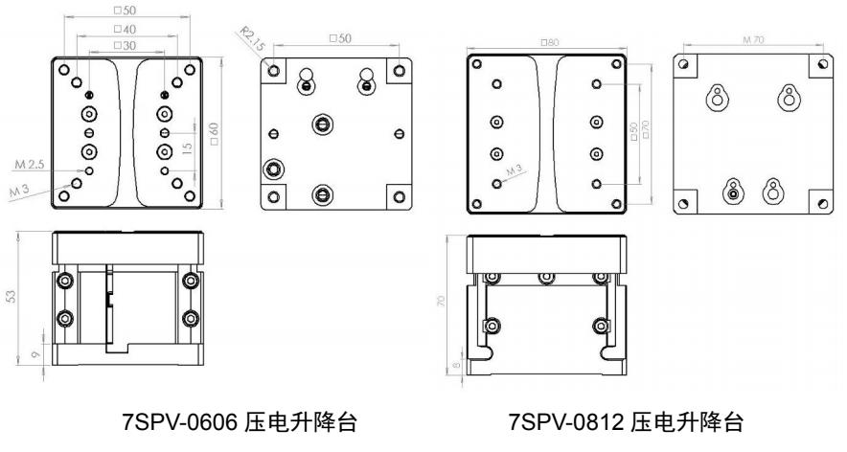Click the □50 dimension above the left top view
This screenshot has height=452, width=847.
tap(125, 9)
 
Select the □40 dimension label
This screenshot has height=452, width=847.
tap(125, 30)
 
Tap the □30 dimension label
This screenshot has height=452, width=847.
tap(125, 45)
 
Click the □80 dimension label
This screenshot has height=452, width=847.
tap(548, 42)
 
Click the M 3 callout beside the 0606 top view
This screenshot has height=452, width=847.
tap(20, 192)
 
